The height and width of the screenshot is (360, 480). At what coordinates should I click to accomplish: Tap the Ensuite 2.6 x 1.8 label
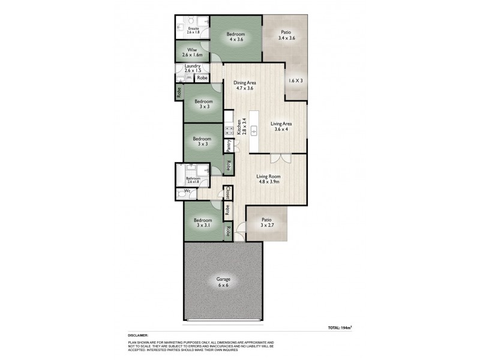tap(193, 31)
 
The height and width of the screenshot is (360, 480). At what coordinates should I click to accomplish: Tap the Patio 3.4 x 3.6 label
tap(287, 35)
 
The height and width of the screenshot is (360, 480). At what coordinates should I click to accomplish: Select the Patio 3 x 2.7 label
tap(267, 223)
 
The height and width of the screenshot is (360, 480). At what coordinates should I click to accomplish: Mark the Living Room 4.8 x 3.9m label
tap(269, 179)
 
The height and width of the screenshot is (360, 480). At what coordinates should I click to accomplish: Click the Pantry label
tap(229, 145)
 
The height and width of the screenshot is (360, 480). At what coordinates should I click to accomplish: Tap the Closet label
tap(228, 193)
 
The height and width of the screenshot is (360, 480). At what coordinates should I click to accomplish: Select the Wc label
tap(187, 192)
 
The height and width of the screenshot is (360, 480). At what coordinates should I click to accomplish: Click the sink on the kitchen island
tap(254, 130)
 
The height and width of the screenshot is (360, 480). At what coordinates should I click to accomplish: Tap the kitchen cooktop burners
tap(228, 130)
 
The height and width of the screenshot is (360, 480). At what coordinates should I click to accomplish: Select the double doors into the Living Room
tap(280, 158)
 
